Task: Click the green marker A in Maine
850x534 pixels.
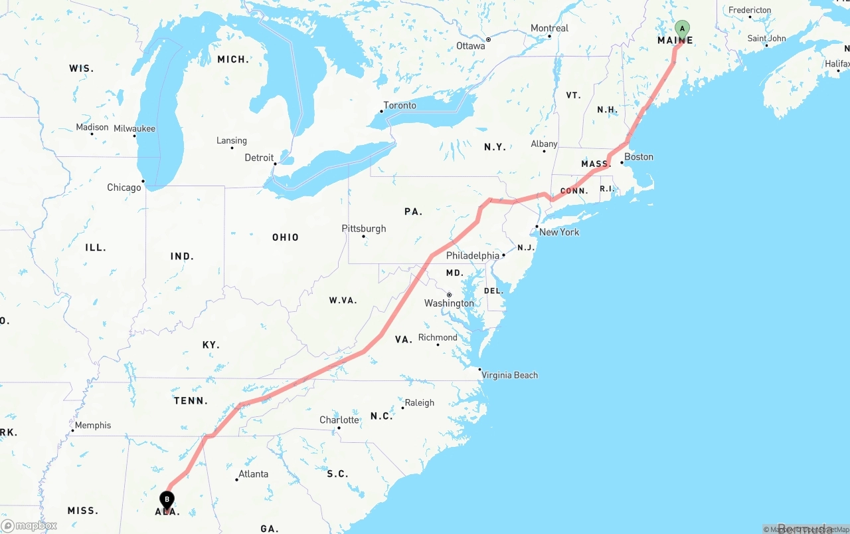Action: (682, 29)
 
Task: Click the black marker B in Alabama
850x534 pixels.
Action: (167, 499)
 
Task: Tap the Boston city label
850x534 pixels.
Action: (639, 157)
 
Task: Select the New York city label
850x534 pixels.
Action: (559, 232)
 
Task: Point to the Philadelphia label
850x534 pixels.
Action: (473, 256)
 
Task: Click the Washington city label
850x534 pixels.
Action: (450, 303)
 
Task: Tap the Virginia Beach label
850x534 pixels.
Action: (510, 375)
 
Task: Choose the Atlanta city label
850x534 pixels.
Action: (254, 474)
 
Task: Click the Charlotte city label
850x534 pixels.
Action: (339, 420)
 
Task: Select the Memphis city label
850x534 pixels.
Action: (93, 426)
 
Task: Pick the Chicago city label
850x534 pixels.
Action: (124, 188)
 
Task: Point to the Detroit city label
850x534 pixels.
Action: (259, 158)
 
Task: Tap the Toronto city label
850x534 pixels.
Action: (400, 106)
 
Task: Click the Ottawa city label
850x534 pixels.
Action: (471, 46)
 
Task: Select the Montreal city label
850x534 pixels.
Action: (550, 29)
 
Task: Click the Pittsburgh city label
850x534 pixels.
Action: (364, 229)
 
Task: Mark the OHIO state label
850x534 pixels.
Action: (286, 237)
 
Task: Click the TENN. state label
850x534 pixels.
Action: (191, 401)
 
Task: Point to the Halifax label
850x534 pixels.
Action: (837, 64)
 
